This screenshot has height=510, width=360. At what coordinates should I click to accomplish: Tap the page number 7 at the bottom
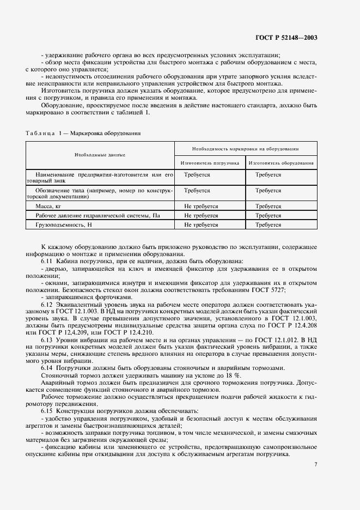point(315,464)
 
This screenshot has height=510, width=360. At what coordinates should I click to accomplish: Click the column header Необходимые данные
point(100,155)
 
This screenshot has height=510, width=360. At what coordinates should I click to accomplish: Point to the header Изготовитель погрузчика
point(210,162)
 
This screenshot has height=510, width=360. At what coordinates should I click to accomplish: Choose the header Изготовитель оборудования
point(281,162)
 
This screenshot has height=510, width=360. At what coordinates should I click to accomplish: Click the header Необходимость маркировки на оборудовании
point(245,148)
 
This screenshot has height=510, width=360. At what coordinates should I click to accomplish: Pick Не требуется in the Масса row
point(201,207)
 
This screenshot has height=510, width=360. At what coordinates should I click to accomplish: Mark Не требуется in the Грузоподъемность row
point(201,224)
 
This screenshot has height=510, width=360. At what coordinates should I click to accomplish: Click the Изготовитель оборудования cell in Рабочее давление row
point(268,216)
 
